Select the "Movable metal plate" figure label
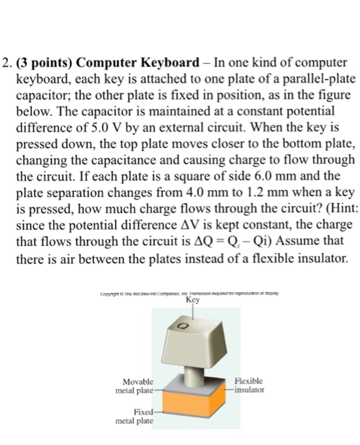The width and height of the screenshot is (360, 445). tap(135, 385)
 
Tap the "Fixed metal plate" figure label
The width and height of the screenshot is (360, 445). tap(137, 416)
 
